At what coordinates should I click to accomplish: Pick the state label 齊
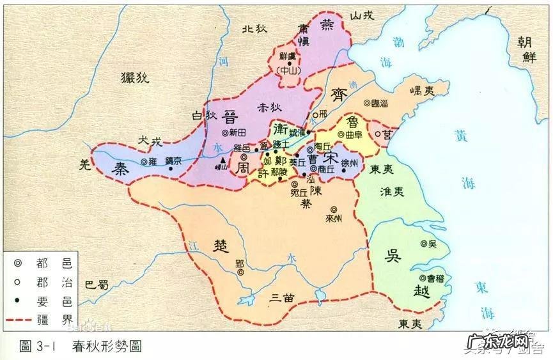coord(338,95)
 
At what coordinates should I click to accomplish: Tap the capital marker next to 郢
coord(241,272)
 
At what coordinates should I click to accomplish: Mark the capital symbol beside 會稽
coord(423,278)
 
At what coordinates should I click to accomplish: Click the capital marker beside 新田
coord(224,132)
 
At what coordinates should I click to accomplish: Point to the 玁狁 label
coord(134,78)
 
